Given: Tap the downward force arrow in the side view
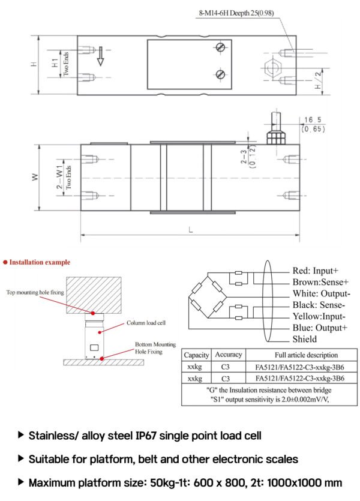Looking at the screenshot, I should click(x=101, y=56).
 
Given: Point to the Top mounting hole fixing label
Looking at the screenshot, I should click(x=35, y=293).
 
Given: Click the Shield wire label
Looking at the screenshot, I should click(x=305, y=340).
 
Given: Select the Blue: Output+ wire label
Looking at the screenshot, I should click(x=319, y=328).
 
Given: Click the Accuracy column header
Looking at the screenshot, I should click(x=228, y=355).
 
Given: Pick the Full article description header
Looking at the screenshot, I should click(x=298, y=355).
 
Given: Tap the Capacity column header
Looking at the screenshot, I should click(x=196, y=355).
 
